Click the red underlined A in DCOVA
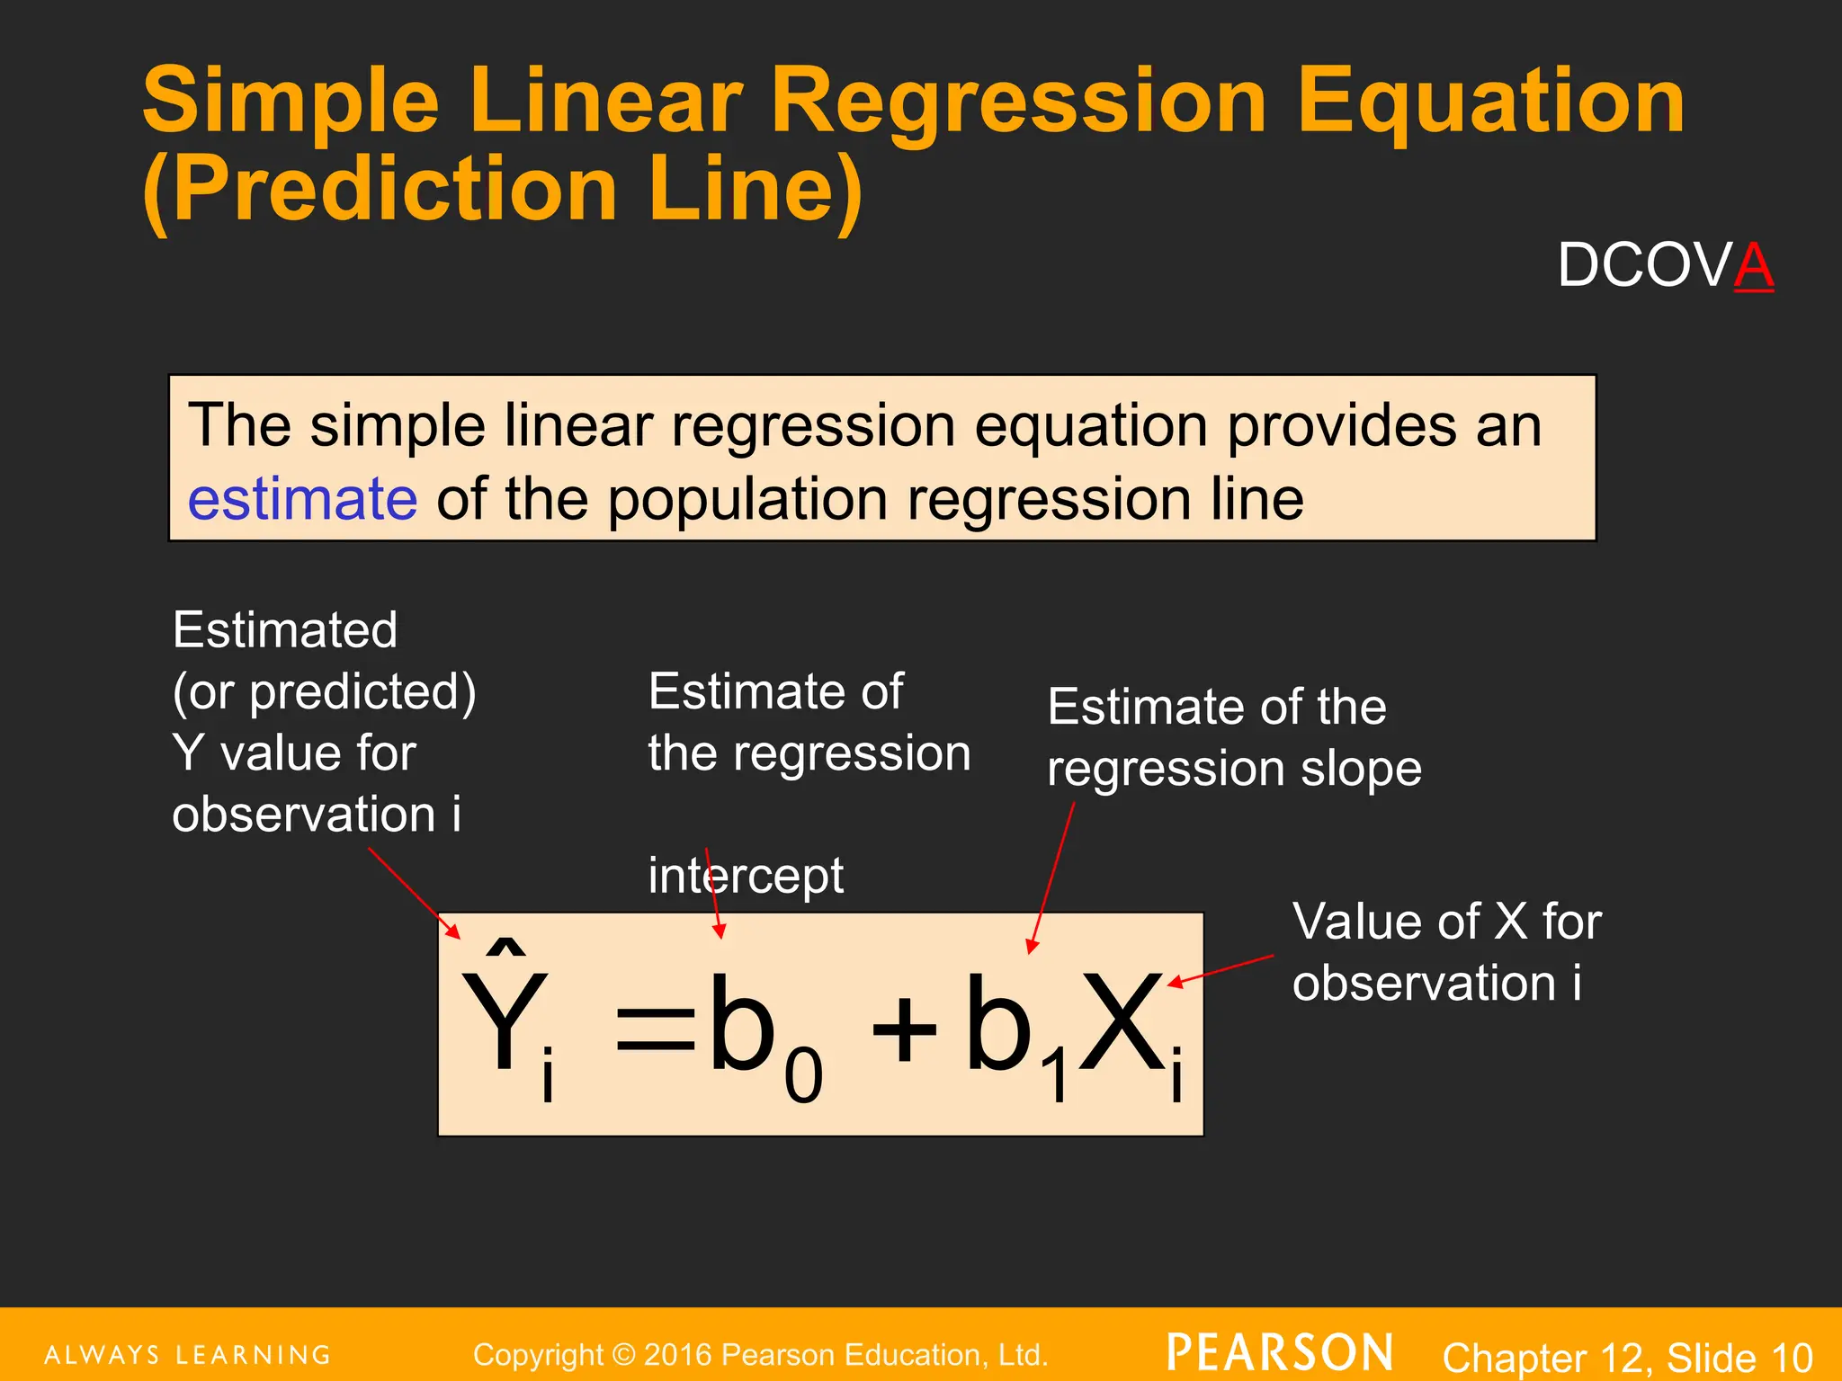click(x=1753, y=266)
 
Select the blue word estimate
click(x=302, y=500)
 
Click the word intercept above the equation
click(x=746, y=876)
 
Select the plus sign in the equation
click(x=904, y=1029)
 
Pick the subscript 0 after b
click(x=803, y=1076)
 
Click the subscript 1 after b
click(x=1055, y=1076)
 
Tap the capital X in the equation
click(x=1120, y=1025)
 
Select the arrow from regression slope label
click(x=1051, y=878)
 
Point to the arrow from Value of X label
click(x=1221, y=970)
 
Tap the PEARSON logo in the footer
click(x=1280, y=1353)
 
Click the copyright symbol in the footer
click(x=623, y=1354)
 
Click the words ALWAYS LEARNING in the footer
click(x=187, y=1355)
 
